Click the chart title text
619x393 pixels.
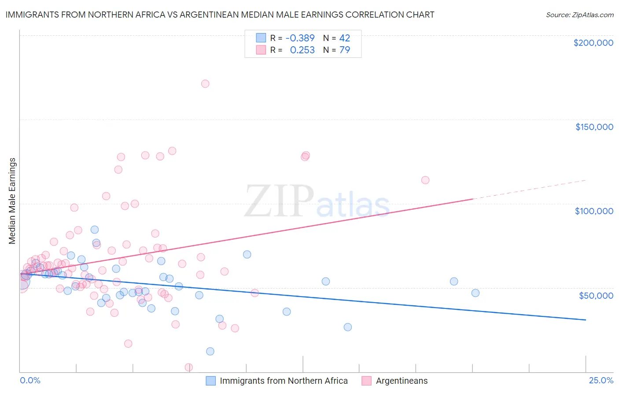[220, 15]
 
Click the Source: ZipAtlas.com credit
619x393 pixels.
[579, 15]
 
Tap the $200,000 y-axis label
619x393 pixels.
[593, 43]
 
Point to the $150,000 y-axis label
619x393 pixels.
[594, 127]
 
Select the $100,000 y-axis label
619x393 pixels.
[594, 211]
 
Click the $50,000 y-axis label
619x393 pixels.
[596, 295]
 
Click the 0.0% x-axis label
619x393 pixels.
[30, 380]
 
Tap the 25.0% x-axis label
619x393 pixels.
[601, 380]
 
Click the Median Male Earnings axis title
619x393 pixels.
[12, 201]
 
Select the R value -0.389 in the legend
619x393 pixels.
[300, 38]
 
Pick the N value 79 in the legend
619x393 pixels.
[345, 50]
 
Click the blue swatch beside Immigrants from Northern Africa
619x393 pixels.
[211, 381]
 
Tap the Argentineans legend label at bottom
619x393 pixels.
[402, 381]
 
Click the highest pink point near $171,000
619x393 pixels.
[205, 84]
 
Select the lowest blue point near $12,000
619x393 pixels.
[210, 351]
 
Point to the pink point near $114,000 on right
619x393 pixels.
[425, 180]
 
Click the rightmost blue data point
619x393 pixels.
[475, 293]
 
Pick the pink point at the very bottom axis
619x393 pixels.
[189, 367]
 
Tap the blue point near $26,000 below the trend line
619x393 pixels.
[348, 327]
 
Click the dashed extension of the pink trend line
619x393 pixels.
[528, 189]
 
